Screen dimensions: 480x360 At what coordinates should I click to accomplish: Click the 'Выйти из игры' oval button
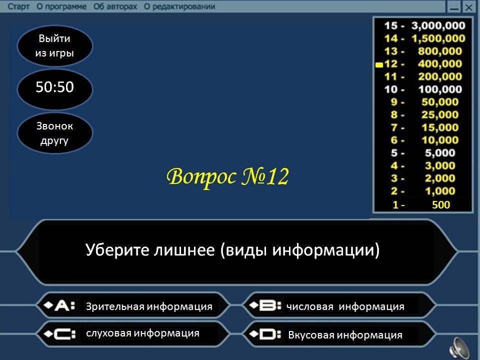point(55,46)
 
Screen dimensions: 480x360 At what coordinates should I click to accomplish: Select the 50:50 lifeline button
point(55,89)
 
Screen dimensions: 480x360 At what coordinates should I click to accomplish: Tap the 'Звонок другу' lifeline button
point(55,133)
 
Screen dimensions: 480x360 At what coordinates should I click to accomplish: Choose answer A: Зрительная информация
point(133,305)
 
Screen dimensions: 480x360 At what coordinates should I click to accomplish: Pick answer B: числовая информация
point(339,305)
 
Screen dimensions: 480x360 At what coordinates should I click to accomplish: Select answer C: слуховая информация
point(133,333)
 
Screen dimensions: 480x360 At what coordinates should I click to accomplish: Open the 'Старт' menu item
point(18,6)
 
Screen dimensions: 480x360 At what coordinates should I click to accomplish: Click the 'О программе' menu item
point(61,6)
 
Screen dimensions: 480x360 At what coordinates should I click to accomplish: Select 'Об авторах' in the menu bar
point(115,6)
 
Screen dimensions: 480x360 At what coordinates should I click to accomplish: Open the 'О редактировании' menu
point(179,6)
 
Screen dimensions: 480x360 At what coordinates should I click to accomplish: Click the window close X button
point(468,6)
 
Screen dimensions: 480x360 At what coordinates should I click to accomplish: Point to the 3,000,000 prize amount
point(438,25)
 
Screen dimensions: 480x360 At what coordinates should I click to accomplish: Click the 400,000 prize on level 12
point(440,63)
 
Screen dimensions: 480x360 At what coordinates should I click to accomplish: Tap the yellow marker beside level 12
point(379,64)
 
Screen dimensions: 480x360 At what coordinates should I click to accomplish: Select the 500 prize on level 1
point(441,204)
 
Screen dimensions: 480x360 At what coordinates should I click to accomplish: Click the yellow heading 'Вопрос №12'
point(228,176)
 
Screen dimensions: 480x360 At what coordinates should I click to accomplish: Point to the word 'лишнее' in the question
point(184,250)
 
